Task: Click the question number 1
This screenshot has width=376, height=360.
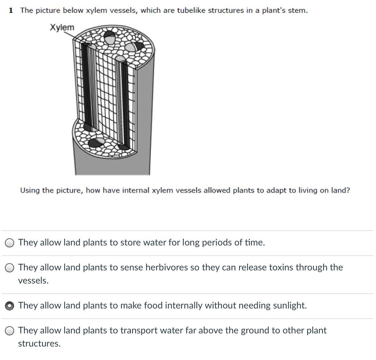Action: (x=11, y=11)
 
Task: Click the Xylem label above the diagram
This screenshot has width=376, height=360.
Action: (x=62, y=27)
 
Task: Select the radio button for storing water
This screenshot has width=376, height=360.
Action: (x=10, y=243)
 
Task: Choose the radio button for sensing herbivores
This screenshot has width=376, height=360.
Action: (x=10, y=268)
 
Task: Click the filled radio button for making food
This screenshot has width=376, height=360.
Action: (x=10, y=306)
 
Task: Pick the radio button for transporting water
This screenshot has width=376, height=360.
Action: (x=10, y=331)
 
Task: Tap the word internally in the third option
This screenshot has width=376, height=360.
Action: (x=184, y=306)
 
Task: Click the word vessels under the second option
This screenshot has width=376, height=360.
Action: (x=33, y=281)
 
